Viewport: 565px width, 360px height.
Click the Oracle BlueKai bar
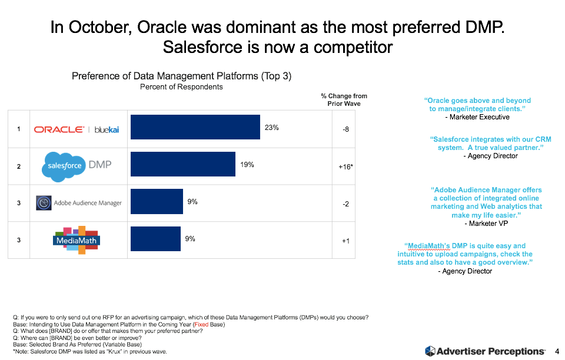tap(195, 127)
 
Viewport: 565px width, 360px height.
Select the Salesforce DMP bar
tap(182, 165)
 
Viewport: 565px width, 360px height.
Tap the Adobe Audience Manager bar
tap(156, 202)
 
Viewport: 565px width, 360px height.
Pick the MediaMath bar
tap(155, 239)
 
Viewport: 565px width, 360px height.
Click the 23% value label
tap(271, 127)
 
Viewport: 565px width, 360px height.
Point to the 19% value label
tap(247, 165)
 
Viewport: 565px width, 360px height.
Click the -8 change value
tap(345, 129)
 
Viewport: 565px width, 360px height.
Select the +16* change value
tap(345, 167)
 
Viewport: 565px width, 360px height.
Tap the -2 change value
tap(345, 204)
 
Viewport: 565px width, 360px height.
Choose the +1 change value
tap(345, 241)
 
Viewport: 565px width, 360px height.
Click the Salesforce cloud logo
tap(63, 166)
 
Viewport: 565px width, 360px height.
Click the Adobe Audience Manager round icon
tap(43, 203)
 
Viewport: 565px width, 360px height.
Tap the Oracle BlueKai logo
tap(77, 129)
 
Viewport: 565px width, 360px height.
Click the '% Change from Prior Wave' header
tap(344, 100)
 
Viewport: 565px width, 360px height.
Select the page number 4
tap(557, 351)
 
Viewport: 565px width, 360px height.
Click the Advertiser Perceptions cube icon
tap(430, 351)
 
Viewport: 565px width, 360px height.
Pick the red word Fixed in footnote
tap(202, 325)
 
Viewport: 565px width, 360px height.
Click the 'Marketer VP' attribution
tap(486, 224)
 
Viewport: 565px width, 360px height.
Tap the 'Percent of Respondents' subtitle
tap(181, 87)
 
